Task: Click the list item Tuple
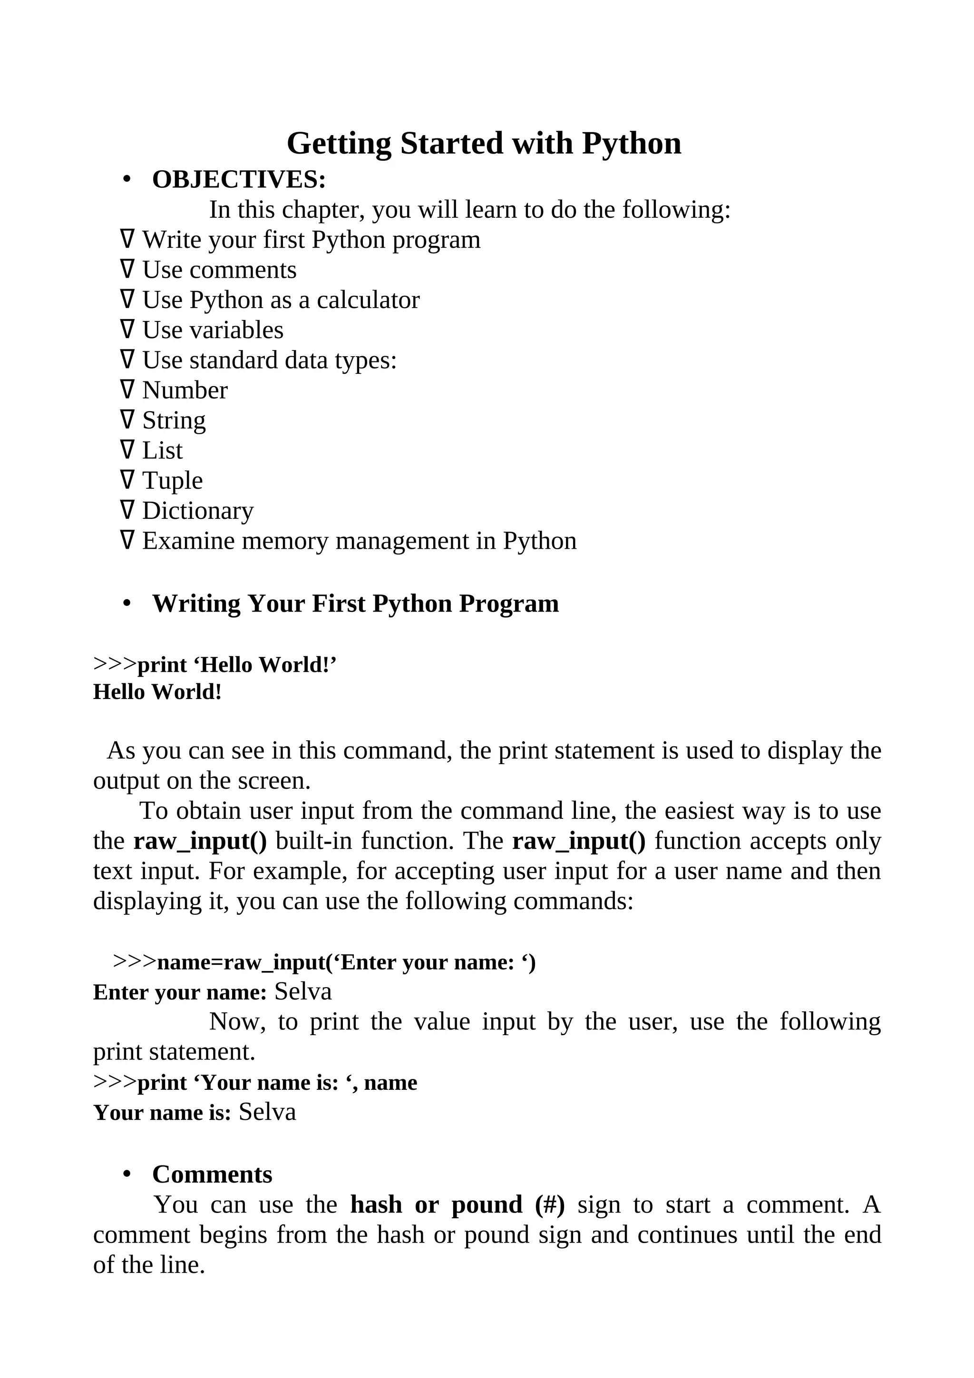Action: pyautogui.click(x=172, y=481)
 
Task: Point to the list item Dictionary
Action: pyautogui.click(x=197, y=511)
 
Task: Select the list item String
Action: pyautogui.click(x=174, y=421)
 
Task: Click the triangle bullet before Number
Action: pyautogui.click(x=127, y=390)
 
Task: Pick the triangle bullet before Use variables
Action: pyautogui.click(x=127, y=330)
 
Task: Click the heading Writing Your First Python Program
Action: pyautogui.click(x=355, y=604)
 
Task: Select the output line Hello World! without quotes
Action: pyautogui.click(x=157, y=692)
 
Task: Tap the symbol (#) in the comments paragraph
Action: pyautogui.click(x=550, y=1205)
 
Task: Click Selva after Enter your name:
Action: pyautogui.click(x=303, y=992)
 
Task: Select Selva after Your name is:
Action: pyautogui.click(x=267, y=1112)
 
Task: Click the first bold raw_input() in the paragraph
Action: pyautogui.click(x=200, y=842)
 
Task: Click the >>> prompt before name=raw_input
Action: pyautogui.click(x=135, y=961)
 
